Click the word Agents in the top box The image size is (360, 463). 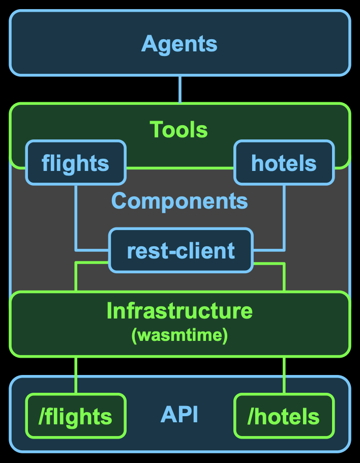179,44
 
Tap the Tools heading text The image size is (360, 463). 179,130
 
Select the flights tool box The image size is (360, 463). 75,163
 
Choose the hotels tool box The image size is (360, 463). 284,163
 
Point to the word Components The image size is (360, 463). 179,201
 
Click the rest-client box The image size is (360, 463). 181,250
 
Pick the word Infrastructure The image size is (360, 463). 179,311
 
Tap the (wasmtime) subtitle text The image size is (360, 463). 179,336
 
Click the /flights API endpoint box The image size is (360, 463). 75,416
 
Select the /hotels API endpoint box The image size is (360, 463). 284,416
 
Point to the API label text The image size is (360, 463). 179,415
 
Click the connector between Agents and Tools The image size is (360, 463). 179,90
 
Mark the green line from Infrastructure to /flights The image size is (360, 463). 76,374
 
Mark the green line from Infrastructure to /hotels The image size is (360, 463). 284,374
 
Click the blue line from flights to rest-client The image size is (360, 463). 76,219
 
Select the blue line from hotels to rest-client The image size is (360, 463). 284,219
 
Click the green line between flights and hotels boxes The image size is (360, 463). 179,167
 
